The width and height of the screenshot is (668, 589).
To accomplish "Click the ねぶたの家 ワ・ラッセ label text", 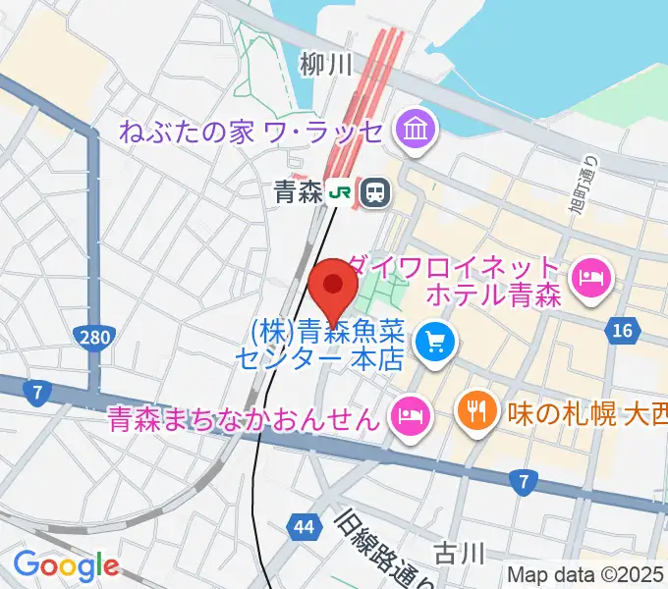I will point(252,130).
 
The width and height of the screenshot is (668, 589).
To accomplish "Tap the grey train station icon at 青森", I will point(373,192).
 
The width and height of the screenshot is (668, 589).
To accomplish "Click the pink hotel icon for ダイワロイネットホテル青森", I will point(593,280).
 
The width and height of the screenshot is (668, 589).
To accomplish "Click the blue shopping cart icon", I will point(433,343).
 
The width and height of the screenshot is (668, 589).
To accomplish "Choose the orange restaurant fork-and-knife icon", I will point(475,408).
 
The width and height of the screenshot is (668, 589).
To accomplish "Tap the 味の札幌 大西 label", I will point(584,408).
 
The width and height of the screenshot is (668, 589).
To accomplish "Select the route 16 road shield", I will point(621,333).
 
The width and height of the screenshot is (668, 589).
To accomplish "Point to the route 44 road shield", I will point(305,528).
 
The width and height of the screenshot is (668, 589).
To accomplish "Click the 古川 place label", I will point(462,552).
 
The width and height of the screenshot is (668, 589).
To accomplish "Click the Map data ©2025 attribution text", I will point(585,574).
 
